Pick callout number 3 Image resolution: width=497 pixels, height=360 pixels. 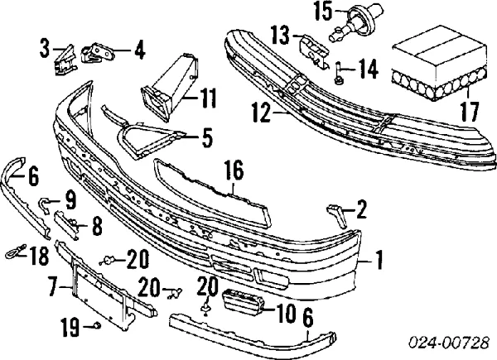(44, 50)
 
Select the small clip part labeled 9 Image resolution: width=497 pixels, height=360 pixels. (46, 202)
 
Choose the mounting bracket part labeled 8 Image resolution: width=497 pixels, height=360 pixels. (70, 222)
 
